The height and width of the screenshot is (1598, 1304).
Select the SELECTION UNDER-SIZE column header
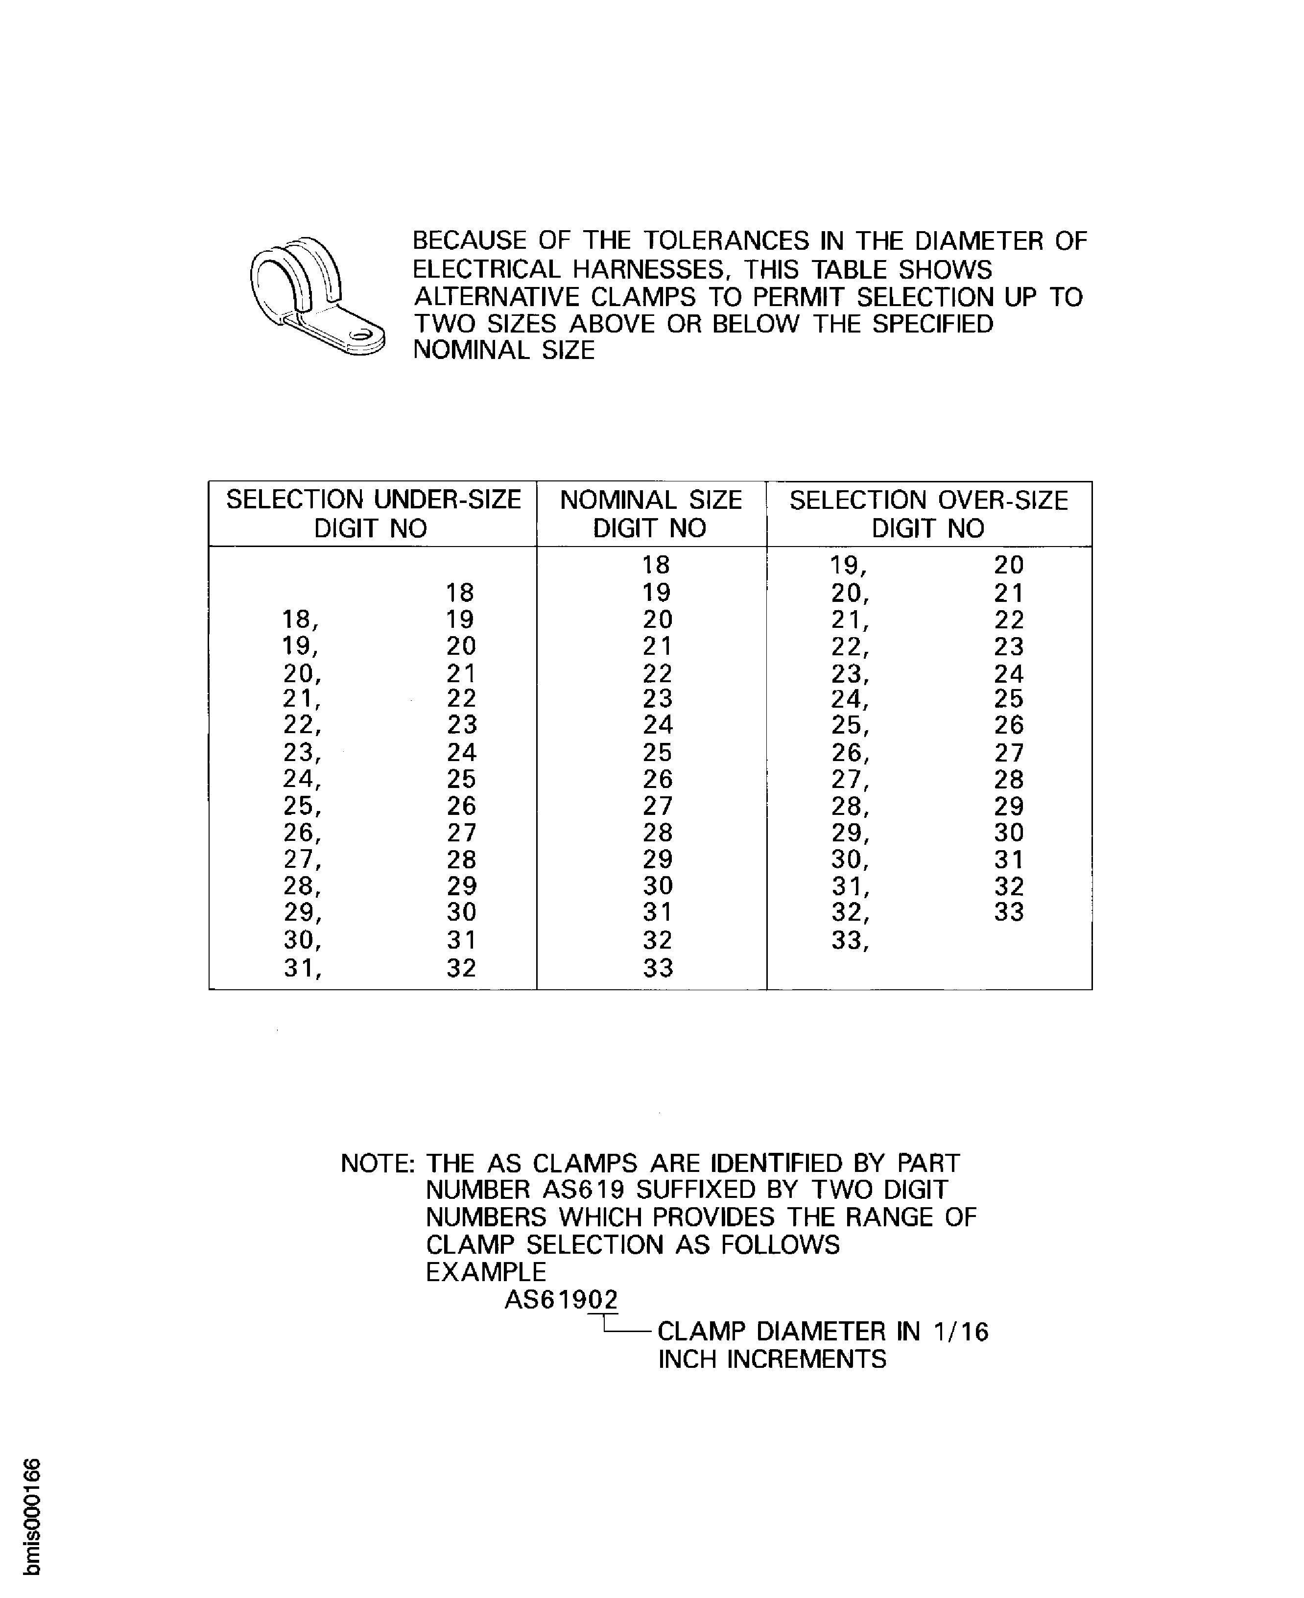373,514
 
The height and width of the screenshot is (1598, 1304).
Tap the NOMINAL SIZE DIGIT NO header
650,514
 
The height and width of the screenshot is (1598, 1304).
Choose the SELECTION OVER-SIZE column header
928,514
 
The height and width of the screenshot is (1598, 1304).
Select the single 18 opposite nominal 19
460,593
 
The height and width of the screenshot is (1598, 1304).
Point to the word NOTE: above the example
378,1164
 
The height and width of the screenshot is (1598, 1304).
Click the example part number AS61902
561,1300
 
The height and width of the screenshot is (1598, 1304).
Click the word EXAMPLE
486,1272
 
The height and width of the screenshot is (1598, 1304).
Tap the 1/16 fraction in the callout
961,1332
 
